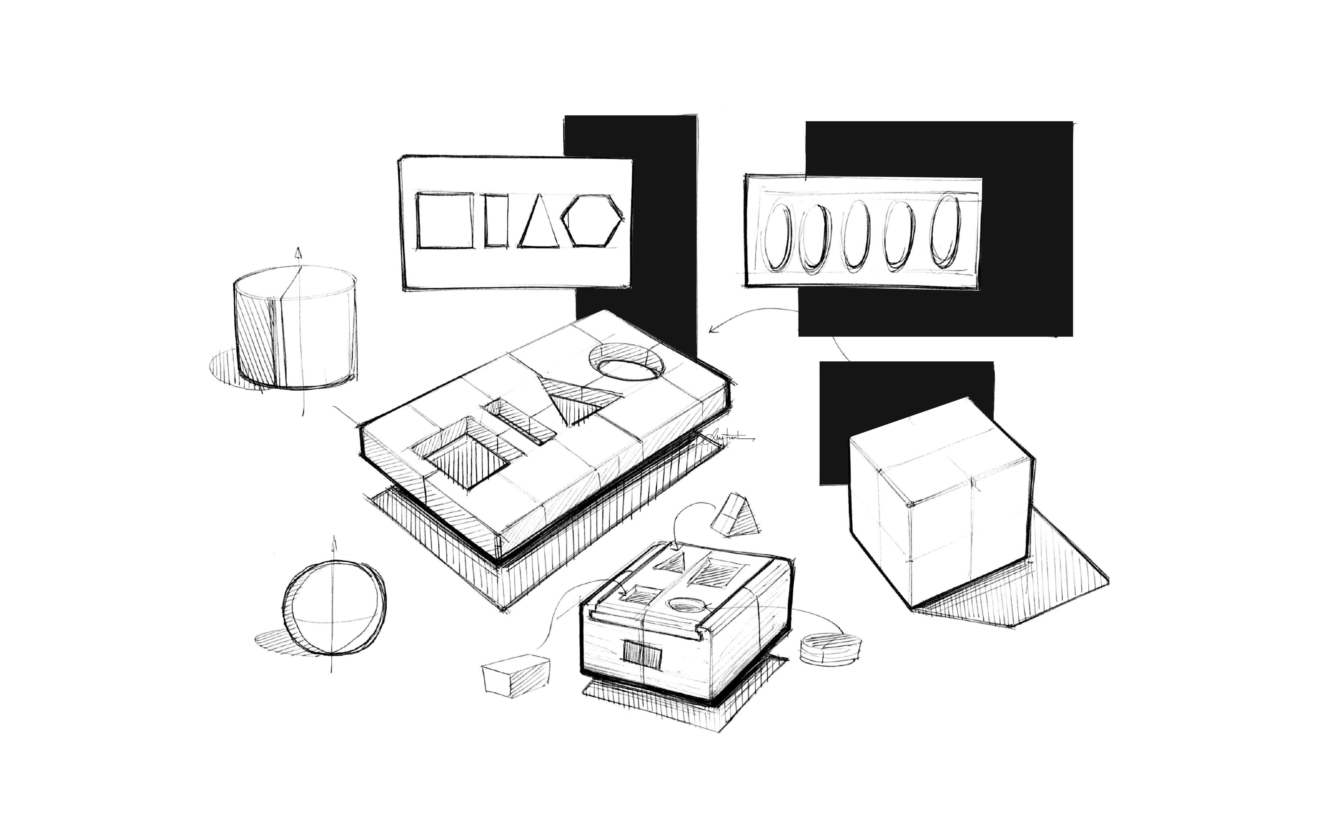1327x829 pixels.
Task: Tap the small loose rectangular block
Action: pyautogui.click(x=515, y=676)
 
